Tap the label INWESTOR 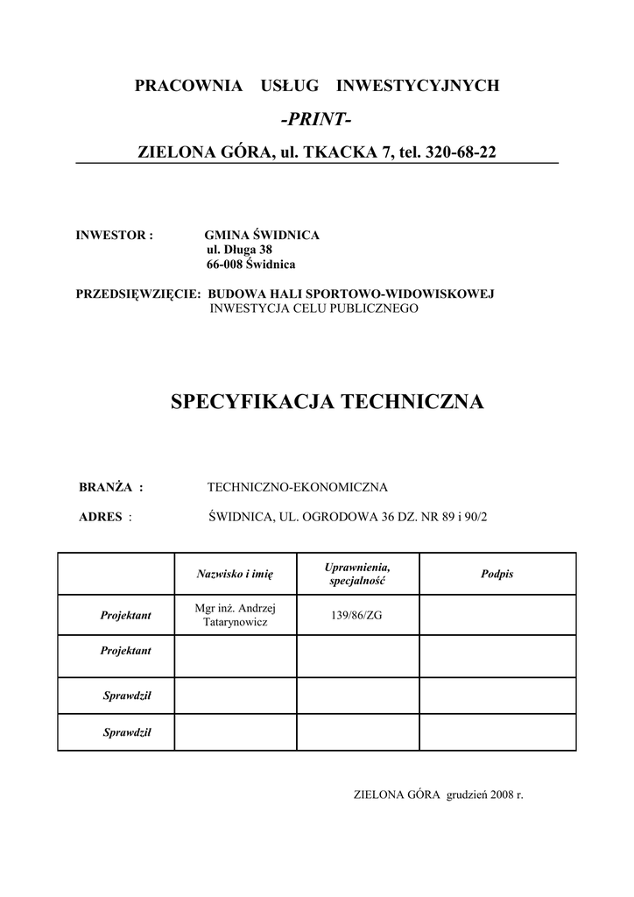[x=115, y=236]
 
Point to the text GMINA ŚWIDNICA [x=261, y=236]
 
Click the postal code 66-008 [x=225, y=264]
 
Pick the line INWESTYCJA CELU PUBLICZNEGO [x=313, y=308]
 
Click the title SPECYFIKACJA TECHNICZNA [x=327, y=402]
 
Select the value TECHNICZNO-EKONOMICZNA [x=297, y=487]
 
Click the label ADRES [x=102, y=517]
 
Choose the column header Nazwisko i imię [x=236, y=574]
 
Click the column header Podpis [x=497, y=574]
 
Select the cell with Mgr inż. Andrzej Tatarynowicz [x=236, y=615]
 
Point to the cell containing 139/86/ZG [x=356, y=615]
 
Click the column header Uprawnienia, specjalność [x=357, y=575]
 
